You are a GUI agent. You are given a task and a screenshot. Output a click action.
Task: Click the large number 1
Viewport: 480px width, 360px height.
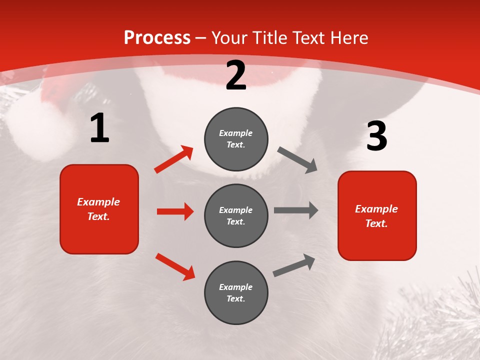click(x=99, y=128)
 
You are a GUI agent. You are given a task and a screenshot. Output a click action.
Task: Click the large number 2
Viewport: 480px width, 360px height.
click(x=236, y=75)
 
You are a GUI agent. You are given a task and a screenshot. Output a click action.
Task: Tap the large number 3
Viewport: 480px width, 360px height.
click(x=376, y=136)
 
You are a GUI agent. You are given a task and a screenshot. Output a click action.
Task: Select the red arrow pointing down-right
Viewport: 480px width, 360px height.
click(x=175, y=266)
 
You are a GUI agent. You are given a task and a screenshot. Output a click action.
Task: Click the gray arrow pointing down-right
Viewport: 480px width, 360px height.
click(x=297, y=160)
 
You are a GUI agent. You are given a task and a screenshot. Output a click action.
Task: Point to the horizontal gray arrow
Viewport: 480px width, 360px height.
click(x=296, y=210)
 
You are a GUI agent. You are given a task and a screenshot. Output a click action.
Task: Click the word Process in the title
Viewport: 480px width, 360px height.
click(x=157, y=37)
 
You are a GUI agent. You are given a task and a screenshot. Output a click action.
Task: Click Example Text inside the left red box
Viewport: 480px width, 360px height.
click(x=98, y=209)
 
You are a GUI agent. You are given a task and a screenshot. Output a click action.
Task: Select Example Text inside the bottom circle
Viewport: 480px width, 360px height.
click(x=236, y=293)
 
